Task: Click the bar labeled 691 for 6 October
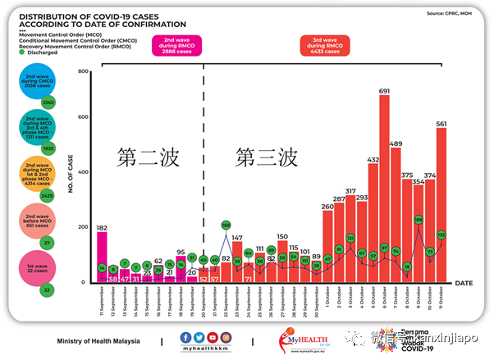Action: tap(384, 189)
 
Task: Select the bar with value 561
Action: tap(441, 206)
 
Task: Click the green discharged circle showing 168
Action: tap(226, 225)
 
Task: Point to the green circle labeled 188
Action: tap(418, 220)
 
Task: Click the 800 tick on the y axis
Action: tap(82, 72)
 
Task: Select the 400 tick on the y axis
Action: tap(82, 177)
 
